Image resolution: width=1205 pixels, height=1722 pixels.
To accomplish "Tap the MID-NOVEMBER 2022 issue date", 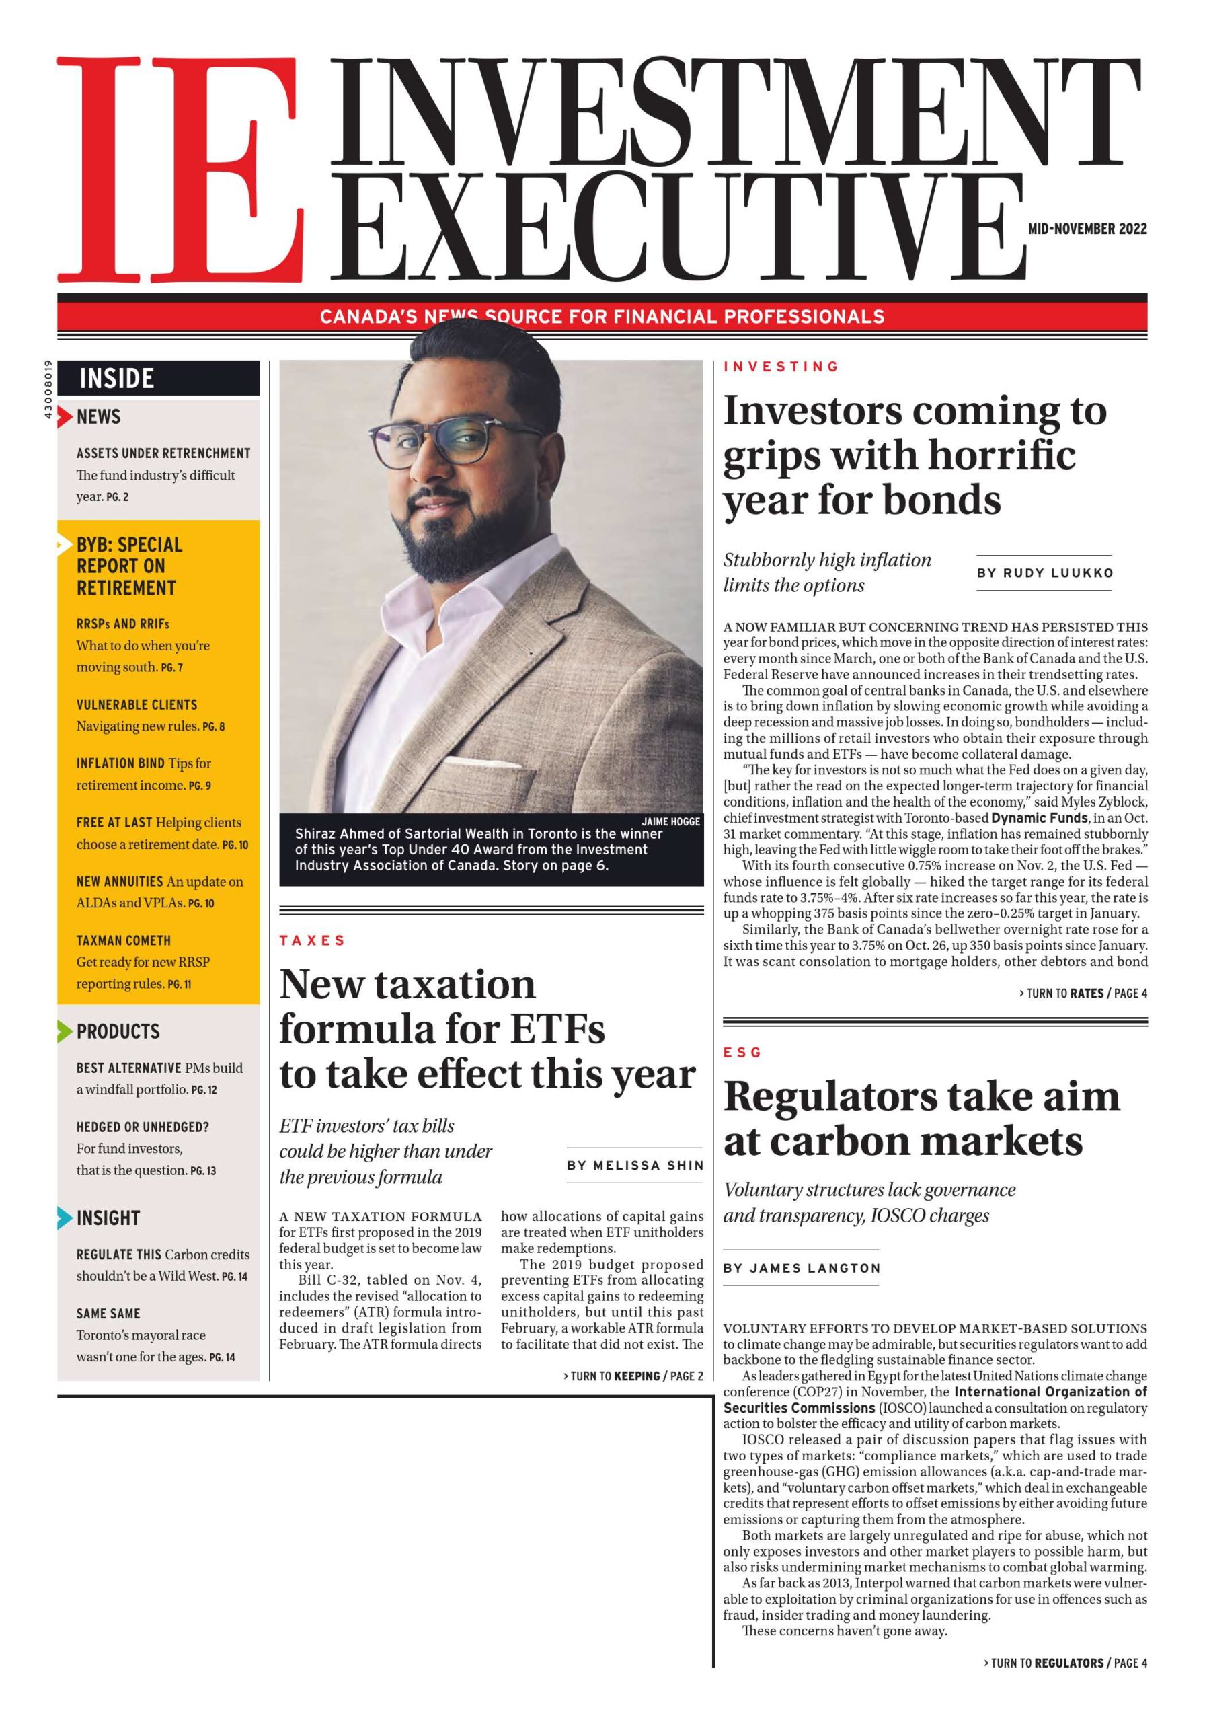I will (1087, 229).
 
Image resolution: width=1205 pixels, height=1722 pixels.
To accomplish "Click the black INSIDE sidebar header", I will (158, 378).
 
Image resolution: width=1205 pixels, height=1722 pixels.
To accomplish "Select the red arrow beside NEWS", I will (67, 416).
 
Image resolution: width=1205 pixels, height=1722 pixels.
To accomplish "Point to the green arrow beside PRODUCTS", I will (65, 1031).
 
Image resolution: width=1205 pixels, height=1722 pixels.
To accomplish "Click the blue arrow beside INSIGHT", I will (65, 1218).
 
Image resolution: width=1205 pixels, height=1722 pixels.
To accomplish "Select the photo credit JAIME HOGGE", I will (670, 821).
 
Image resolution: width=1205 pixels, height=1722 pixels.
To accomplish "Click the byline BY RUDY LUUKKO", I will (1044, 573).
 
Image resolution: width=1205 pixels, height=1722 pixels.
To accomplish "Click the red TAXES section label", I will (312, 940).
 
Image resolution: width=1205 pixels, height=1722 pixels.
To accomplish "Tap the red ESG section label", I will (742, 1052).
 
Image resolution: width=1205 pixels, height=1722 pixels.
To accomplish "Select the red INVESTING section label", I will (781, 367).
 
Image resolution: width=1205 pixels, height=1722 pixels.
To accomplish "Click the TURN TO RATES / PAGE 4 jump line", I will (1083, 993).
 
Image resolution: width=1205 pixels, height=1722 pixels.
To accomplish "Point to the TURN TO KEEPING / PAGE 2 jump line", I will (633, 1376).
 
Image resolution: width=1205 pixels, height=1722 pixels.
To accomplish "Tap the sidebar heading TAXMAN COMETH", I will (124, 940).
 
